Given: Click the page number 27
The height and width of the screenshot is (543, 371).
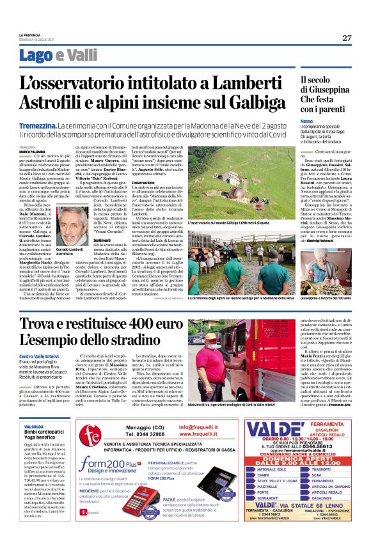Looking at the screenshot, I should point(347,38).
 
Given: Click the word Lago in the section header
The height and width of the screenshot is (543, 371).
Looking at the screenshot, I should point(36,55).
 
